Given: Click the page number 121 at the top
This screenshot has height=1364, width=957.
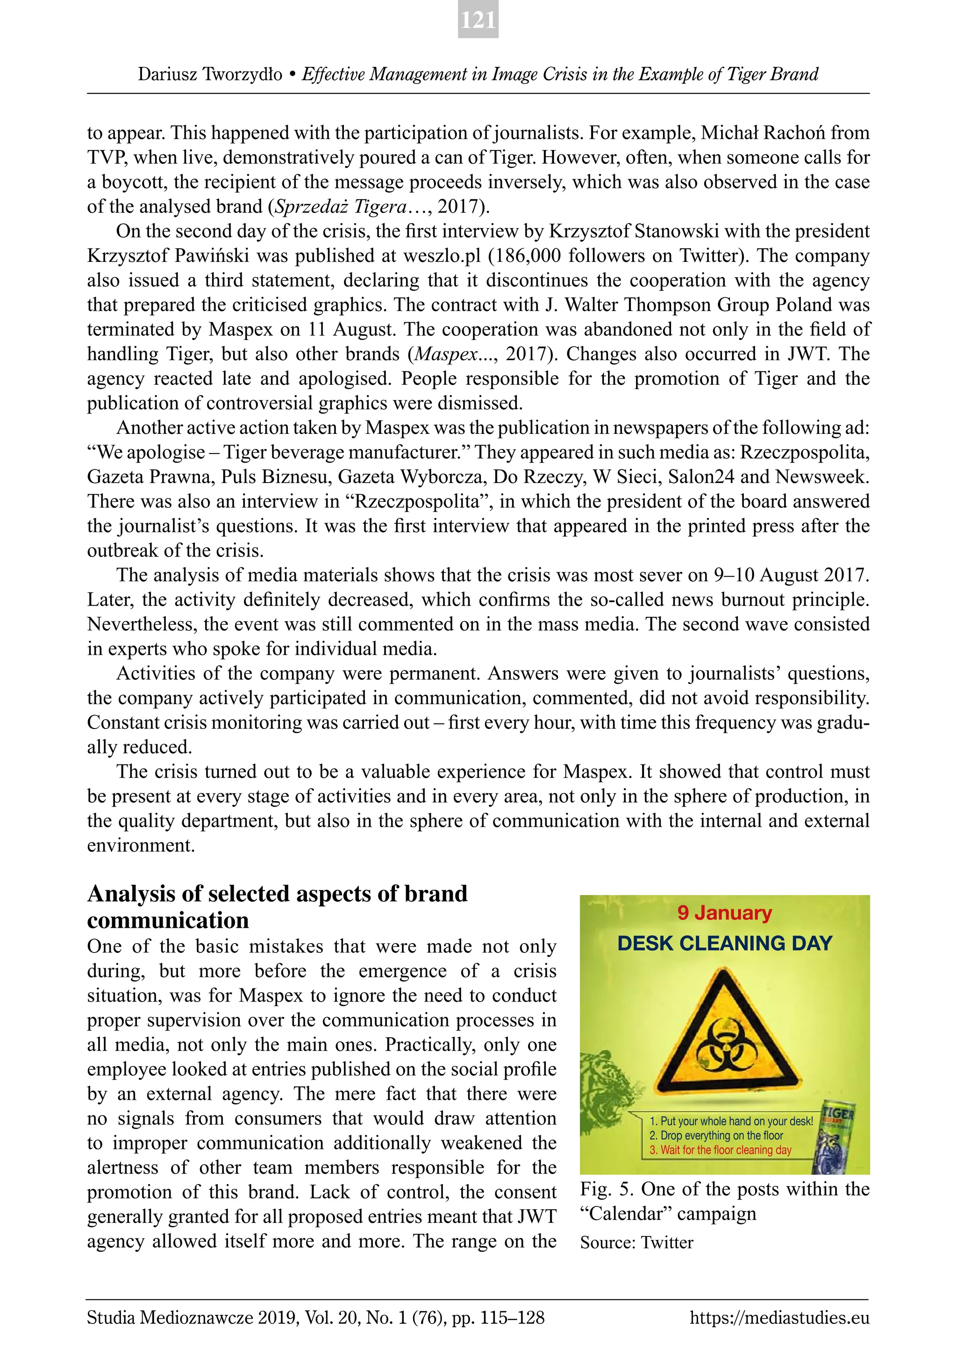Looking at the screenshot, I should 478,21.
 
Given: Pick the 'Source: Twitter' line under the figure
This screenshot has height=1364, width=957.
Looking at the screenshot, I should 636,1242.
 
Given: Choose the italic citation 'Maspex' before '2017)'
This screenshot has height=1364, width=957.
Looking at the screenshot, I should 446,354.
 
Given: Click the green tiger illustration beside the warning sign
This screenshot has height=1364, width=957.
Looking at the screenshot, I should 606,1093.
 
